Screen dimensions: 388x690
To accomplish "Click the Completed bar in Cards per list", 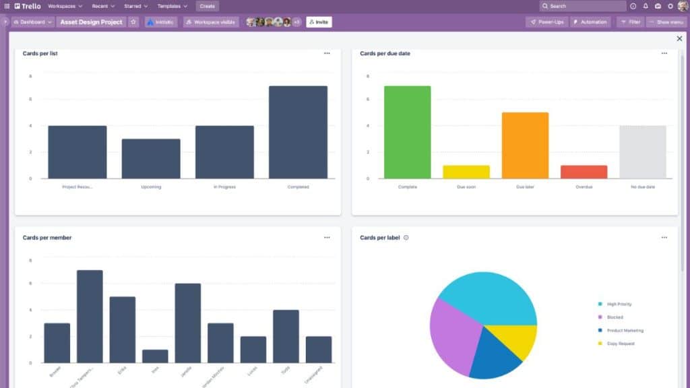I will pos(298,132).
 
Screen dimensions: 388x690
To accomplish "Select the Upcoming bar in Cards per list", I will pos(151,159).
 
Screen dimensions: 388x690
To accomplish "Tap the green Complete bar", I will pos(407,132).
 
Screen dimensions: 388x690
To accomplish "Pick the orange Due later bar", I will pos(525,145).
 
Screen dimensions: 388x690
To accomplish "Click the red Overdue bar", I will pos(584,172).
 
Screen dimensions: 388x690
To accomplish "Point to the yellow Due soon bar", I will pos(466,172).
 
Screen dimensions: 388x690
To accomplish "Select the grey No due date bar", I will pos(643,152).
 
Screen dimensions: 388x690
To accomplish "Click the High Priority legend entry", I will pos(619,304).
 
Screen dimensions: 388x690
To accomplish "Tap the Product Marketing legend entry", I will pos(624,331).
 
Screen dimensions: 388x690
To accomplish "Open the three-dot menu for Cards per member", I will pos(327,238).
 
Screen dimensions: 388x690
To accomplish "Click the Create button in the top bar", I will pos(208,6).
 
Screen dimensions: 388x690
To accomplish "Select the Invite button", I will pos(319,22).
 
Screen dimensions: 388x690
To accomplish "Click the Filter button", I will pos(630,22).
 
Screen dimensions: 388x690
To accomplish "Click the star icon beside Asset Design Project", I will pos(133,22).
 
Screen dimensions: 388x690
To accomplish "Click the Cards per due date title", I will pos(385,53).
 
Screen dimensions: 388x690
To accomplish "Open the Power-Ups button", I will pos(546,22).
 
